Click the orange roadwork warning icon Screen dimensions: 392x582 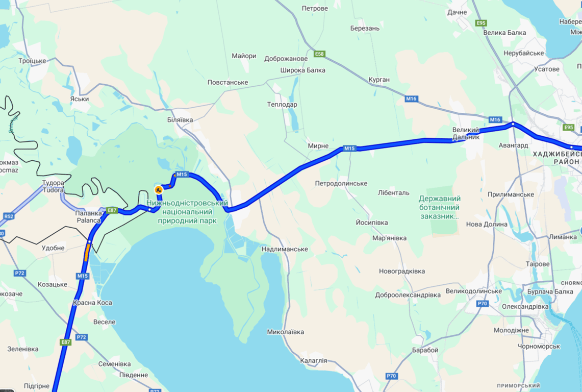159,190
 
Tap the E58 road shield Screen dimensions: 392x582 319,54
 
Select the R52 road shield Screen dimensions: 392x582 8,216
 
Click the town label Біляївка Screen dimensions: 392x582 180,119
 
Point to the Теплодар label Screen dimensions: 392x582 282,105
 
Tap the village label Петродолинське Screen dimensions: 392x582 341,183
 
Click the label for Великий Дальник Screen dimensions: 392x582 466,133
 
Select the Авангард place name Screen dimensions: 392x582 513,145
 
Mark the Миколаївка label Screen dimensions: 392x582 286,332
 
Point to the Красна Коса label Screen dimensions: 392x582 92,303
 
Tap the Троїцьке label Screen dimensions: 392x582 32,61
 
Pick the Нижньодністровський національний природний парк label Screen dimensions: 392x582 187,212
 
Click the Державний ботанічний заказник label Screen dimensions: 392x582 439,207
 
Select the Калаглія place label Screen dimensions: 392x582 313,360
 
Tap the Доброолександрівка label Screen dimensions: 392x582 408,295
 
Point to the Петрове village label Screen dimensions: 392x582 315,9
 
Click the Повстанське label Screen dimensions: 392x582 227,82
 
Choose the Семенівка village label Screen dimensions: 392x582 114,364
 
